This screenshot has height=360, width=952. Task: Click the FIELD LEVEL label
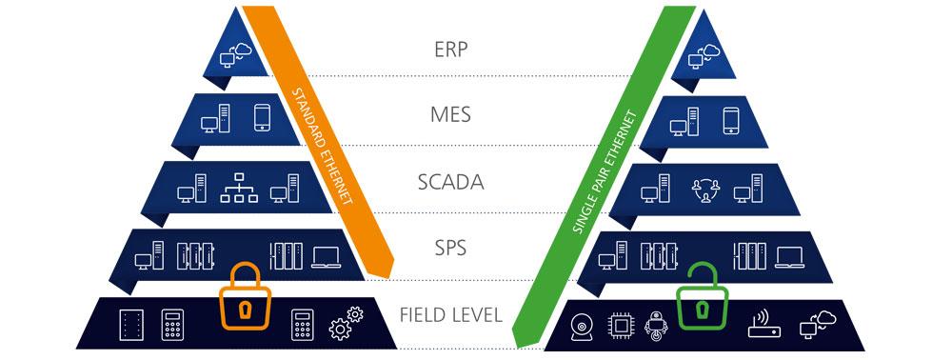pyautogui.click(x=452, y=314)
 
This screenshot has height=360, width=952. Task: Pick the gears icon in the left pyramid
pyautogui.click(x=344, y=325)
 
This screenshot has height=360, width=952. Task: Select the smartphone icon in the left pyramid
pyautogui.click(x=265, y=119)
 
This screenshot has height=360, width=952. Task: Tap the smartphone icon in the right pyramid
pyautogui.click(x=730, y=120)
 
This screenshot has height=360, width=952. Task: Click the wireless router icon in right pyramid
pyautogui.click(x=764, y=325)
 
